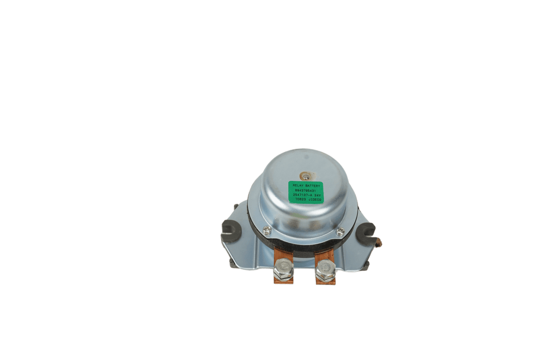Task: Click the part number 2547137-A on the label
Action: click(301, 196)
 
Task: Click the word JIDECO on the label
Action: click(314, 201)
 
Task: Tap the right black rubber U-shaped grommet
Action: click(366, 231)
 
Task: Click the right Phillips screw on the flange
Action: click(340, 230)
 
